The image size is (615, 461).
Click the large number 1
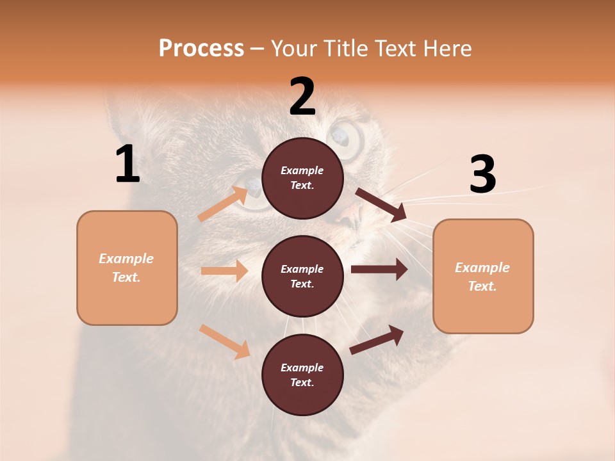click(127, 165)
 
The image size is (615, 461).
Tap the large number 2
click(302, 97)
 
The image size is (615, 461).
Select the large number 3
click(483, 175)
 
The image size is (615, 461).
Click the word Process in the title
click(201, 48)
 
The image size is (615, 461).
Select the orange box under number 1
click(127, 268)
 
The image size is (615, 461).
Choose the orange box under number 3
click(483, 276)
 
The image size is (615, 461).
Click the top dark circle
click(302, 178)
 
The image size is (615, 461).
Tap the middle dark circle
click(302, 276)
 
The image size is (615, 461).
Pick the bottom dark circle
click(302, 375)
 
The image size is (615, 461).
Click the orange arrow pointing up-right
click(224, 204)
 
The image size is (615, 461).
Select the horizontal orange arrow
click(224, 271)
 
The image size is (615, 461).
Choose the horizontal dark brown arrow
click(379, 270)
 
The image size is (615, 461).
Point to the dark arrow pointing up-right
click(377, 340)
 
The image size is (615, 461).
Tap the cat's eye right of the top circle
click(342, 138)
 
